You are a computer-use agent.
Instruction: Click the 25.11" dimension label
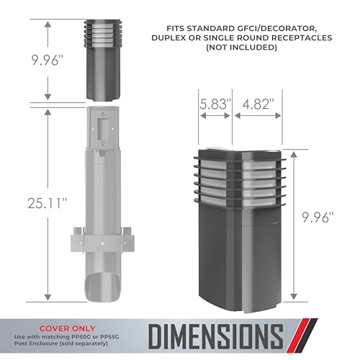click(x=48, y=203)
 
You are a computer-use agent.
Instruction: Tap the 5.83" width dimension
click(x=215, y=104)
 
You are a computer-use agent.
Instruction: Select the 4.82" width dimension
click(x=258, y=104)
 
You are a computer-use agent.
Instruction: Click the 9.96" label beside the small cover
click(x=48, y=60)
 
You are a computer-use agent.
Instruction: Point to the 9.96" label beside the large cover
click(x=318, y=217)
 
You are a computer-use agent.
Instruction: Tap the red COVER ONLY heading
click(x=68, y=328)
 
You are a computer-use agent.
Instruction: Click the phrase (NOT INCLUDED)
click(x=242, y=48)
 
